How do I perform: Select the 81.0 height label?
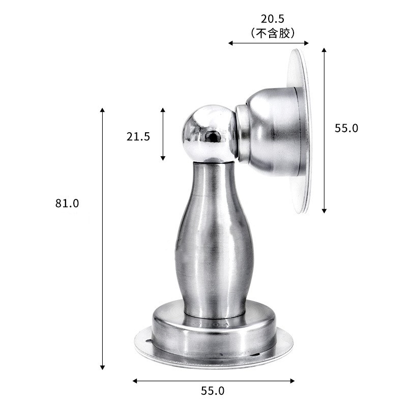[67, 203]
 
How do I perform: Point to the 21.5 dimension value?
[138, 136]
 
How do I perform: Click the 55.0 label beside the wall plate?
[346, 128]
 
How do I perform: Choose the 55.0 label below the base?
[213, 391]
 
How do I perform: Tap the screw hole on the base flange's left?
[148, 341]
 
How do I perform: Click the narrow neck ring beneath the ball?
[214, 162]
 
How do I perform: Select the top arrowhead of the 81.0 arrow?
[102, 110]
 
